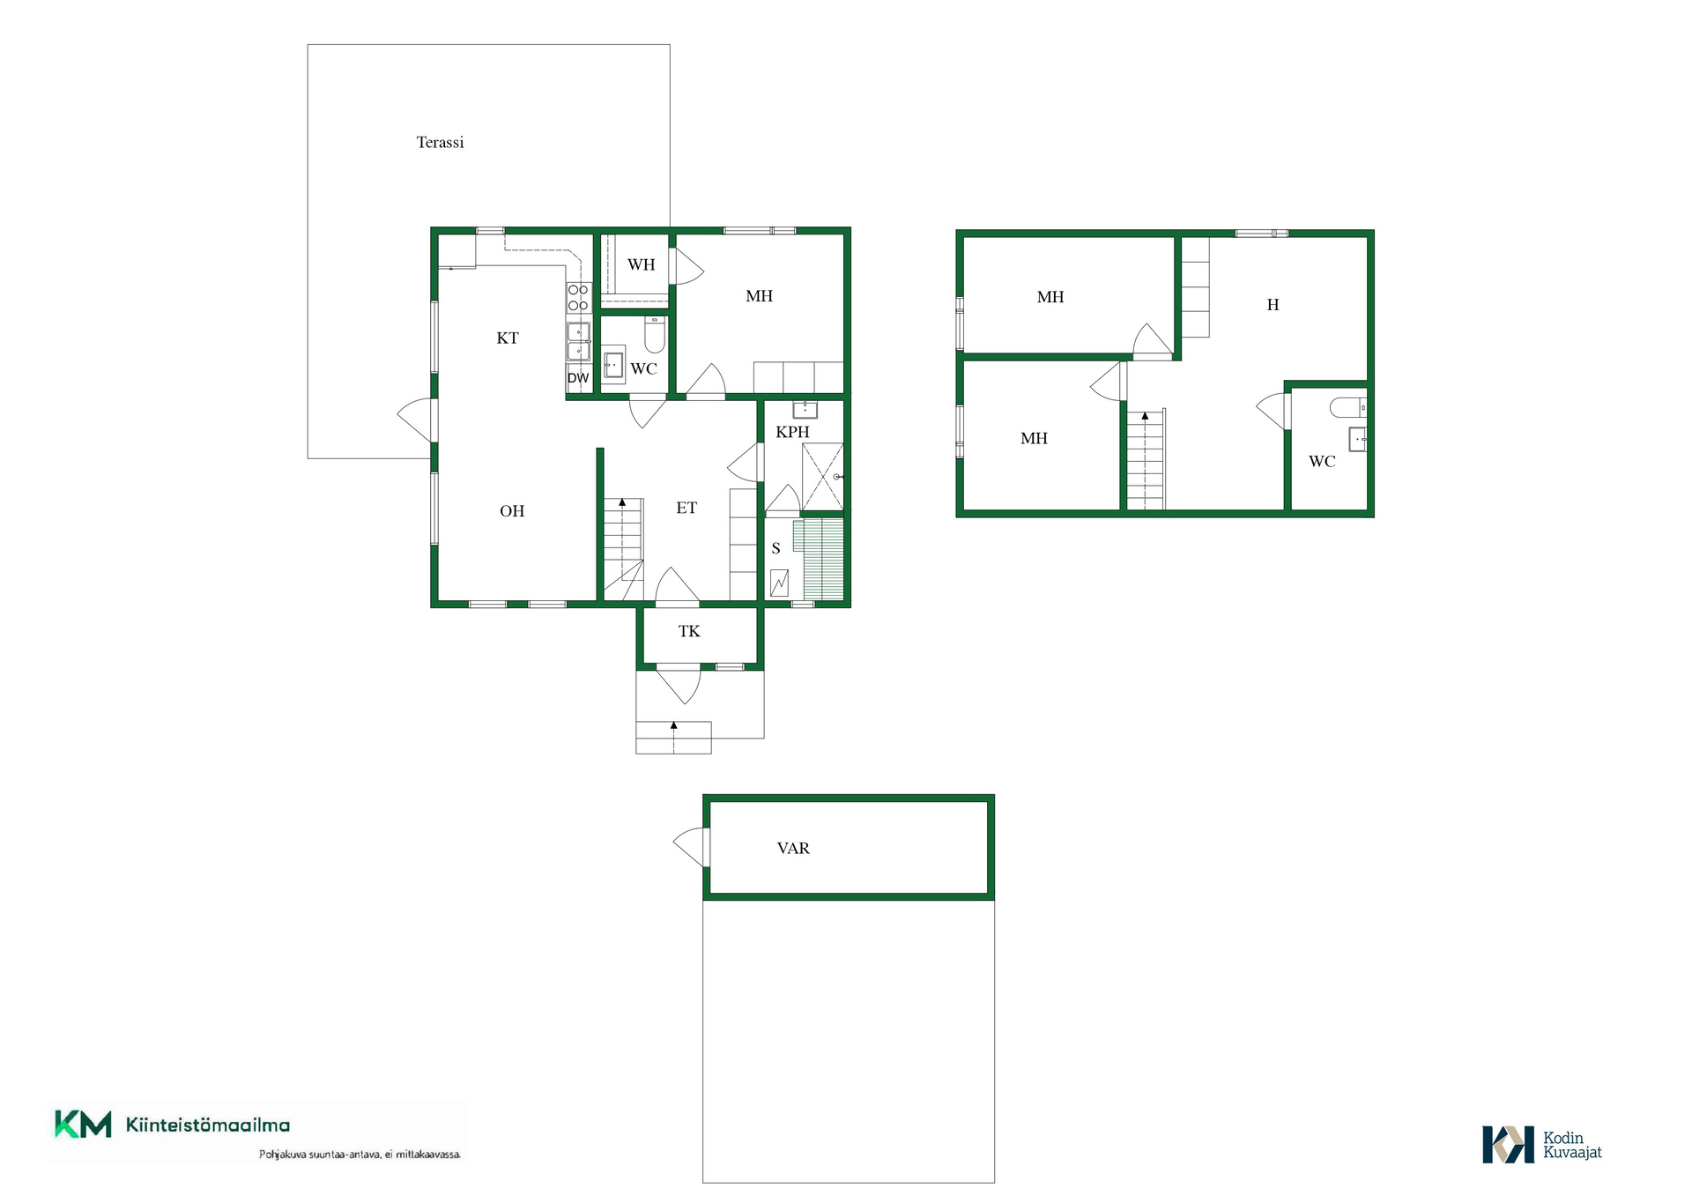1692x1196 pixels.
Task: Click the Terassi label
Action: [x=440, y=143]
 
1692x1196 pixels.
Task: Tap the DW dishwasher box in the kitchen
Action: [x=578, y=378]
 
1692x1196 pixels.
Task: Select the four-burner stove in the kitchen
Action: [x=578, y=297]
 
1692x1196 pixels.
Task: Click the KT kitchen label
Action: [x=508, y=338]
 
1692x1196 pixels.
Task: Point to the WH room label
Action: [x=642, y=264]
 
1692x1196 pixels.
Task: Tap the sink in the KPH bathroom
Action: [x=805, y=409]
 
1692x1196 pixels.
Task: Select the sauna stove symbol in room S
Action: [x=779, y=583]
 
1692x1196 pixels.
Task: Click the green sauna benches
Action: [x=819, y=559]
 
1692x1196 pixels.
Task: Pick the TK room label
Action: [x=689, y=631]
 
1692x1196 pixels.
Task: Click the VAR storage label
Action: [x=793, y=848]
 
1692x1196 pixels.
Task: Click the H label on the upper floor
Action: [x=1273, y=305]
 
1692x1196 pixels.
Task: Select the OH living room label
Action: [x=512, y=511]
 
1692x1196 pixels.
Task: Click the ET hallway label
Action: [x=686, y=508]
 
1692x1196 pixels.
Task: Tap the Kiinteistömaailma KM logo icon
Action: [x=83, y=1124]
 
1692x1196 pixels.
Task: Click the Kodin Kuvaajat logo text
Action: [x=1572, y=1145]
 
